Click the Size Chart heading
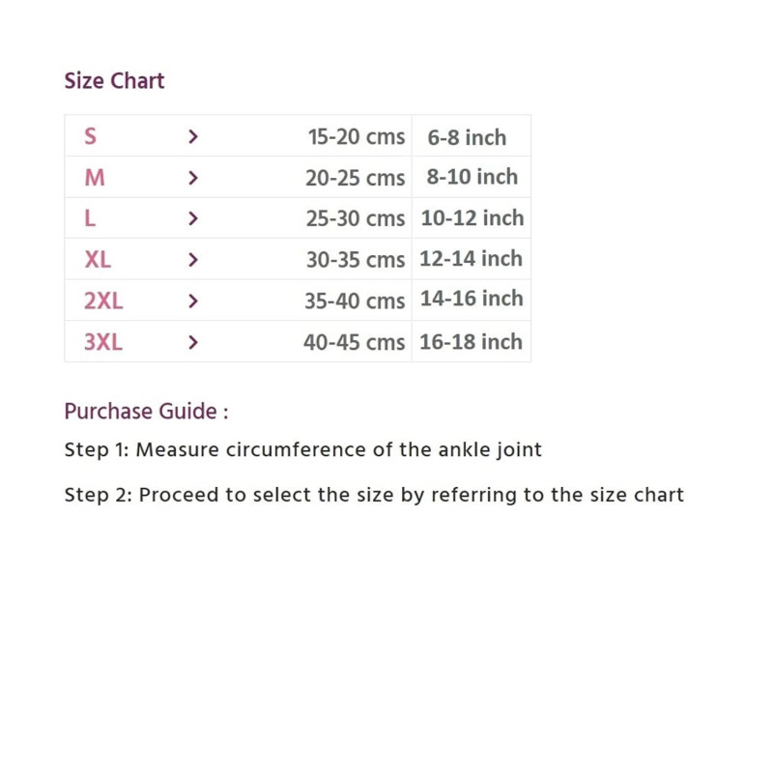(x=114, y=80)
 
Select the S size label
(x=90, y=136)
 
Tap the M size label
(x=95, y=178)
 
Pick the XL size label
(x=98, y=259)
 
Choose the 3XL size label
(x=103, y=342)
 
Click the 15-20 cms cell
(x=357, y=137)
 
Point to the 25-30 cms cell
(x=356, y=219)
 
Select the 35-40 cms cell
(x=355, y=301)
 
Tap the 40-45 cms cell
(x=354, y=342)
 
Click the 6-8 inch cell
(x=467, y=137)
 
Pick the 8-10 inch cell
(x=472, y=178)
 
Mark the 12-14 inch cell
(x=471, y=259)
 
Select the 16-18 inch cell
(x=471, y=342)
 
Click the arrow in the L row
(x=193, y=219)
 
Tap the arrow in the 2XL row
(x=193, y=301)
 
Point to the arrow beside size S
(x=193, y=137)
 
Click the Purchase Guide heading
(x=146, y=412)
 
